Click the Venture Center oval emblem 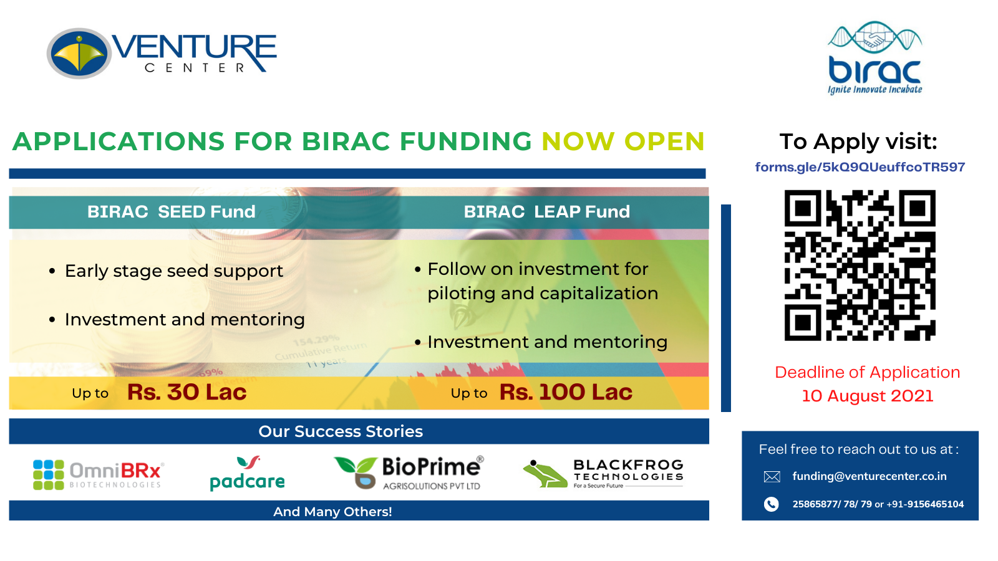(x=79, y=54)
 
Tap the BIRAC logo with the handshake (x=874, y=58)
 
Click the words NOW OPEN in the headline (x=623, y=141)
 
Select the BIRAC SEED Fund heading (x=171, y=212)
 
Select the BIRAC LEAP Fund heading (x=546, y=212)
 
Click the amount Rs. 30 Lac (x=187, y=392)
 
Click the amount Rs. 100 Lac (x=566, y=392)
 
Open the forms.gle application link (x=860, y=167)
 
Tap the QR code (x=860, y=266)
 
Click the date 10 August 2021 (x=868, y=396)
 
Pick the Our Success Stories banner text (x=341, y=431)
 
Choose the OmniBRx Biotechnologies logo (x=99, y=475)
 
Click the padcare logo (x=247, y=473)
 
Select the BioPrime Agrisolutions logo (x=409, y=473)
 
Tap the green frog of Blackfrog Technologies (x=545, y=474)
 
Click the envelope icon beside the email (x=772, y=477)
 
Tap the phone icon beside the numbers (x=772, y=504)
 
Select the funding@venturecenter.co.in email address (x=870, y=476)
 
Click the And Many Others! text (x=332, y=512)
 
